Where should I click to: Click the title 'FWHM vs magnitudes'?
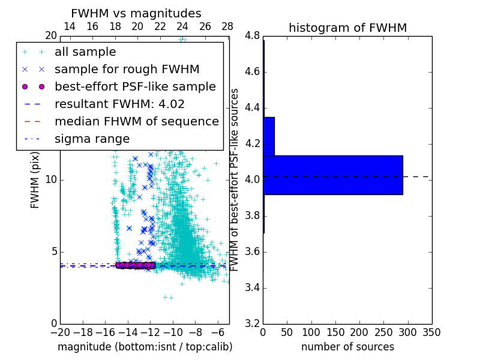[136, 13]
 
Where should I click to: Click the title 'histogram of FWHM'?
[347, 28]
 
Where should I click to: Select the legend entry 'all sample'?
[85, 52]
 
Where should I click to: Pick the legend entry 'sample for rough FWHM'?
[127, 70]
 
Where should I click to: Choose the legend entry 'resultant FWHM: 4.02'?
[119, 104]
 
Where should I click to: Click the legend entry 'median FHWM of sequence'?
[136, 121]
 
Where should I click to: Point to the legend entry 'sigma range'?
[92, 139]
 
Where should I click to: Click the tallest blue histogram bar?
[332, 175]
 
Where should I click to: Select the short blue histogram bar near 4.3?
[269, 136]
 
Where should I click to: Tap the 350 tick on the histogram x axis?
[431, 332]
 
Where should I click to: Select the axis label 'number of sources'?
[347, 347]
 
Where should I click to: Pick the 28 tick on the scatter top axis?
[227, 26]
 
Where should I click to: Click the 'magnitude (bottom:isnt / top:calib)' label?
[145, 347]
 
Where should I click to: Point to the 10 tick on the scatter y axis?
[50, 180]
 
